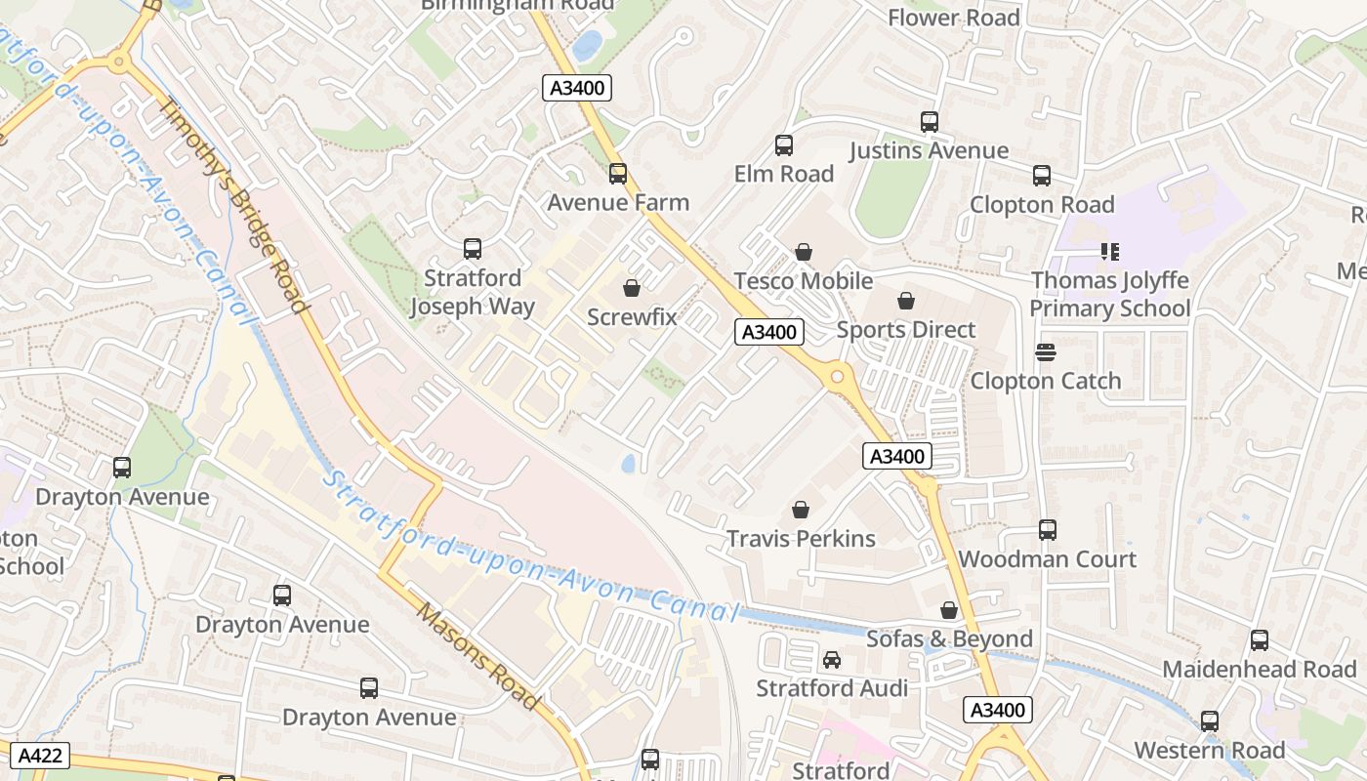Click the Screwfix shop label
632,317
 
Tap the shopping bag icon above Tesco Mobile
804,253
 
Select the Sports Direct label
906,330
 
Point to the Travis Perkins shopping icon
801,510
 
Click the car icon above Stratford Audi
832,660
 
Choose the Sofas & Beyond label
949,639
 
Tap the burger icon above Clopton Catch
1046,352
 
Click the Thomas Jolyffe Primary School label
1110,295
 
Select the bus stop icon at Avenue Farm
618,174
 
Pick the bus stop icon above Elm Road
784,145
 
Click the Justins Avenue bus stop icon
930,122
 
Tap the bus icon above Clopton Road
1042,176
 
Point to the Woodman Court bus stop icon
1048,530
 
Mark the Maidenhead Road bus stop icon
1260,640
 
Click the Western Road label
1209,751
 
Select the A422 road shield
40,755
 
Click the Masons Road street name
477,656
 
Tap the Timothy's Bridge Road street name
234,206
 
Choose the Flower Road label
953,18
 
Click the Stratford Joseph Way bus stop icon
473,249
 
